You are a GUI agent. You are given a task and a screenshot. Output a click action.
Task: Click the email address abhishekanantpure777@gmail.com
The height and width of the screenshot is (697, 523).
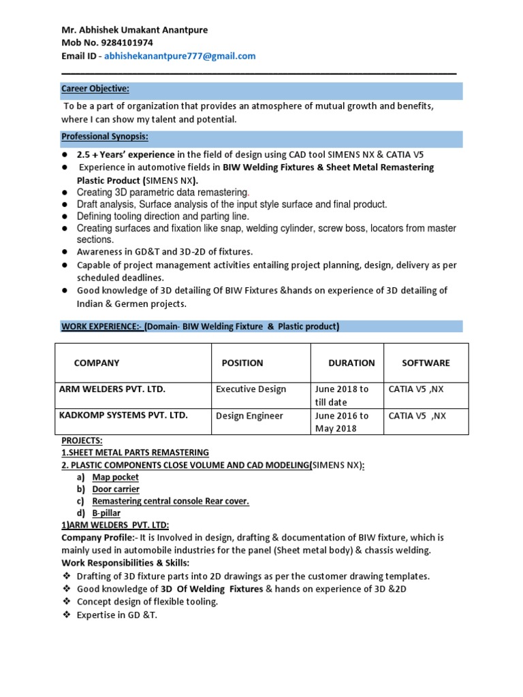[x=180, y=56]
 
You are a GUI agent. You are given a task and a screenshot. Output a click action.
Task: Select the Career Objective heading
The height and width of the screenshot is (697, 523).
[x=95, y=89]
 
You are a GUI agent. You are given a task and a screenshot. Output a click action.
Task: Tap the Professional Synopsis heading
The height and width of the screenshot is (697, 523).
[x=104, y=137]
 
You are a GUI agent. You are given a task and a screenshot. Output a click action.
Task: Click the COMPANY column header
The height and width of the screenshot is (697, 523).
[x=97, y=363]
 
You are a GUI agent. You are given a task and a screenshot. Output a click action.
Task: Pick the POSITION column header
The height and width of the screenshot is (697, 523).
[x=242, y=363]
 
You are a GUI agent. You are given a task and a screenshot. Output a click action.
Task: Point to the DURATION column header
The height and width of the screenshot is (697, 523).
[x=351, y=363]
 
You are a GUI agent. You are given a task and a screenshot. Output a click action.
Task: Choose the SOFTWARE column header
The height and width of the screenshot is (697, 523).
[x=426, y=363]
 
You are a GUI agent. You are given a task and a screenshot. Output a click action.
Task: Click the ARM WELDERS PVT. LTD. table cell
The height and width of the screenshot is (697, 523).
[x=113, y=389]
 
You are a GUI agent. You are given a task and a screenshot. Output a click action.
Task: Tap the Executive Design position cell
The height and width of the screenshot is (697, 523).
[x=251, y=389]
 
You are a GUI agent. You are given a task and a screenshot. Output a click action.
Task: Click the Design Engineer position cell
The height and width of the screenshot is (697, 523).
[x=249, y=415]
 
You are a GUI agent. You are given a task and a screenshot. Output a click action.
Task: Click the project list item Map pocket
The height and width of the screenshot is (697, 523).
[x=115, y=477]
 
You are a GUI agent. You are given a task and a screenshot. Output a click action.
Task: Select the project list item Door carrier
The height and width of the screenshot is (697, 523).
[x=116, y=489]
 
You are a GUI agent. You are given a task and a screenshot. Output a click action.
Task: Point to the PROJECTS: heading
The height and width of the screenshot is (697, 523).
[x=82, y=440]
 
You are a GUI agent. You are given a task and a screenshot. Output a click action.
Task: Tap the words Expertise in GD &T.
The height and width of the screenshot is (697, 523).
[x=117, y=615]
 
